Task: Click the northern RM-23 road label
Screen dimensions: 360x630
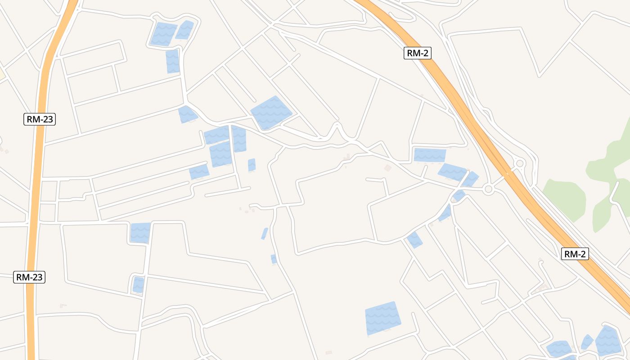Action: click(x=40, y=119)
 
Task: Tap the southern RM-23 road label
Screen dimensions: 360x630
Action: click(x=29, y=277)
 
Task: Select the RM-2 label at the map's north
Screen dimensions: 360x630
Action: click(x=418, y=53)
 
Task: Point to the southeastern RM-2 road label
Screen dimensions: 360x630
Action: click(x=575, y=254)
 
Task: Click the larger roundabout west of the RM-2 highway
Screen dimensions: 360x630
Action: click(x=489, y=189)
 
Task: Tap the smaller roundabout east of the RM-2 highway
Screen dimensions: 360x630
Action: click(x=520, y=163)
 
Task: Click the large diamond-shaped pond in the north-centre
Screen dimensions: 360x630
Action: click(x=271, y=112)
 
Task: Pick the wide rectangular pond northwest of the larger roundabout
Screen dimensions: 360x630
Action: click(x=430, y=155)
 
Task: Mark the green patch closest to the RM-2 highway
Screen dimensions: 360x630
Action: click(x=565, y=198)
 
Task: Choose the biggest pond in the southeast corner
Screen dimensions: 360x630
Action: click(x=609, y=340)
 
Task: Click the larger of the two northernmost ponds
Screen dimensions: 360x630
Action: click(x=163, y=34)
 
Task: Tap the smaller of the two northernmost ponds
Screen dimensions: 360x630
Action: click(x=184, y=30)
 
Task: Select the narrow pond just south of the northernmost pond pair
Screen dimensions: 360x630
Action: click(x=172, y=61)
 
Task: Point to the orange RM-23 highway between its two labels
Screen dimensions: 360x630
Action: click(x=36, y=198)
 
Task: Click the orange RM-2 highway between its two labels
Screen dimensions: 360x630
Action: click(x=495, y=153)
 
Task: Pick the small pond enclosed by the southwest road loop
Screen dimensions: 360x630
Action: click(x=138, y=284)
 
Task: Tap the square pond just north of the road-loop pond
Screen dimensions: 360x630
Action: click(x=140, y=233)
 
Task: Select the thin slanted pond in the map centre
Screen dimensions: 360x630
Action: click(x=265, y=234)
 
